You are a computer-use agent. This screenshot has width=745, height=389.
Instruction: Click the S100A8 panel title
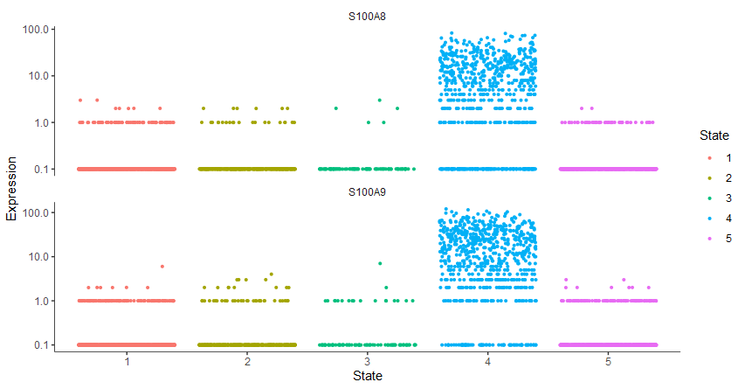point(367,16)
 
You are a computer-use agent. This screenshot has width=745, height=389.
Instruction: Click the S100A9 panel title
point(367,191)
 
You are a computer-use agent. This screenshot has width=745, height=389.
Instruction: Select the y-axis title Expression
point(11,189)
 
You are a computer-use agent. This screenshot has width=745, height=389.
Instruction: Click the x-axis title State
point(367,377)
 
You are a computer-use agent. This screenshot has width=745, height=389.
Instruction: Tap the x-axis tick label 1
point(128,361)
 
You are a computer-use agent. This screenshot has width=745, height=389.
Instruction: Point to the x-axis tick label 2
point(247,361)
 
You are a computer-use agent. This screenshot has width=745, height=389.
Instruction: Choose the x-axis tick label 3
point(368,361)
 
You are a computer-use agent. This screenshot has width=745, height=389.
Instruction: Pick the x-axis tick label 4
point(487,361)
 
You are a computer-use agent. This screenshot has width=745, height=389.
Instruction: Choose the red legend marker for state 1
point(708,157)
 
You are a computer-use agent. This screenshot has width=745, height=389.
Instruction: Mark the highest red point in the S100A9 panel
point(162,266)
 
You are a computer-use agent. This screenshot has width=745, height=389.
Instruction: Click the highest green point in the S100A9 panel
point(380,263)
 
